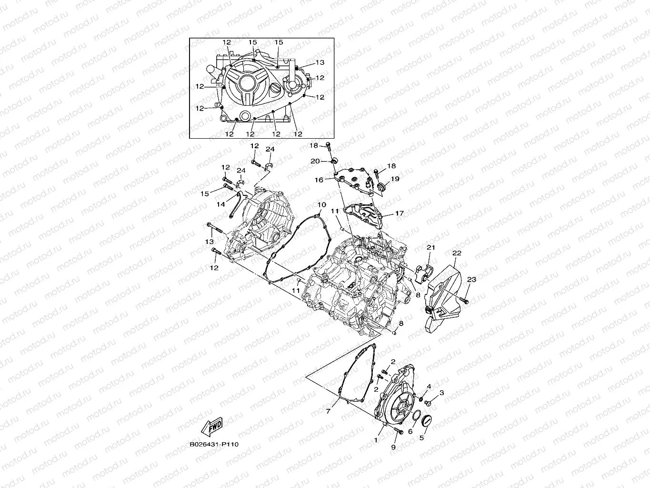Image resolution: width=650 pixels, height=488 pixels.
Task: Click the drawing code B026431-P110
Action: (x=214, y=444)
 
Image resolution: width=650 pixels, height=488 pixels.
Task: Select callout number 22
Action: (x=457, y=254)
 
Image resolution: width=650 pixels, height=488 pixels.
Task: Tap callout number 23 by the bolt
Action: (x=471, y=280)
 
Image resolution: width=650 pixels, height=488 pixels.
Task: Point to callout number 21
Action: (x=431, y=247)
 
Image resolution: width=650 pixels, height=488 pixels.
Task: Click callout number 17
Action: (x=399, y=213)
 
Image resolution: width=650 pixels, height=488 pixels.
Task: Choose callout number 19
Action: (x=395, y=179)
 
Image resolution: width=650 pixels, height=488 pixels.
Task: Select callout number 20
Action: (x=315, y=161)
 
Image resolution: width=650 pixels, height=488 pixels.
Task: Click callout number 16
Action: (x=319, y=180)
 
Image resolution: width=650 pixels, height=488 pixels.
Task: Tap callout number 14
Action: (x=221, y=204)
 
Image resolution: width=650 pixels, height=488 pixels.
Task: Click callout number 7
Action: (x=328, y=410)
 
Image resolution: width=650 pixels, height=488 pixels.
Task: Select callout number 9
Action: (x=393, y=447)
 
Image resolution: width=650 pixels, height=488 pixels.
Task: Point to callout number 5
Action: (x=421, y=436)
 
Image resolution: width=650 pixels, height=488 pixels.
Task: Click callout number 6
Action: (x=410, y=431)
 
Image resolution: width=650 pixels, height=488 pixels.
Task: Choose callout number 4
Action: (x=429, y=386)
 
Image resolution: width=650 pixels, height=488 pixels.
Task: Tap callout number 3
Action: (x=441, y=393)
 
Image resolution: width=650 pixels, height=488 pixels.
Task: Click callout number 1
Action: (x=376, y=440)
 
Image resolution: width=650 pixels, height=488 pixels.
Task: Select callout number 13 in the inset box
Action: (x=320, y=62)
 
